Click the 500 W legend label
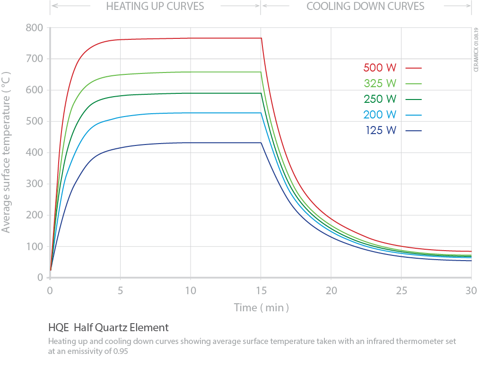380,68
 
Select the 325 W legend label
380,83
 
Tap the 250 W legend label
380,99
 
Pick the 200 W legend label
380,115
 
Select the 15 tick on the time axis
261,290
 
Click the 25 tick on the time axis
401,290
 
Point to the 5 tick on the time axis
120,290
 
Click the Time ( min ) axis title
261,308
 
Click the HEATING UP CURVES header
155,7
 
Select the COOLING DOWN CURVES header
365,7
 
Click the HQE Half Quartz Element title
108,327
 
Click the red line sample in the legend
413,68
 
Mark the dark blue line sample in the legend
413,131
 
